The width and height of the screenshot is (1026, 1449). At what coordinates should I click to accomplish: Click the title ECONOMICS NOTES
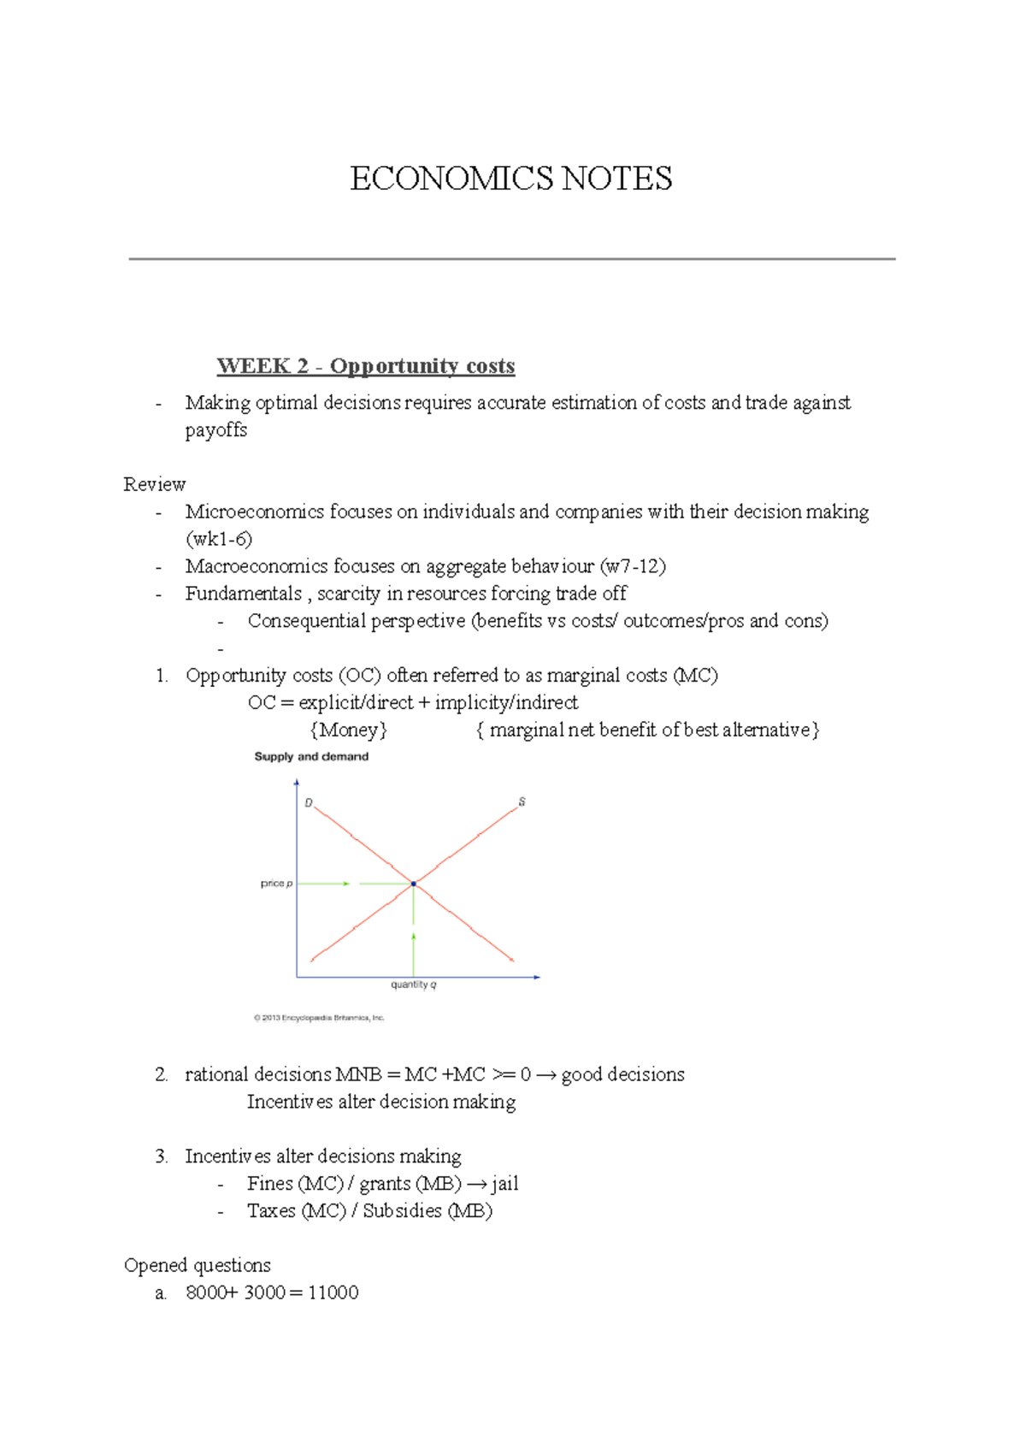click(511, 179)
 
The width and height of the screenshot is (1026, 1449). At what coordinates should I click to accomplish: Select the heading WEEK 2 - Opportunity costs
click(366, 366)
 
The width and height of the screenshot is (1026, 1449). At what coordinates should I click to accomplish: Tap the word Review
click(154, 484)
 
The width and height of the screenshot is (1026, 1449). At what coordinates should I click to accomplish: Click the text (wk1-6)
click(219, 539)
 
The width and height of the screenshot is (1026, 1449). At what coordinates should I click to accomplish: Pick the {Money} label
click(349, 730)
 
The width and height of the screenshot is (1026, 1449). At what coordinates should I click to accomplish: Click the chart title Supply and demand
click(311, 757)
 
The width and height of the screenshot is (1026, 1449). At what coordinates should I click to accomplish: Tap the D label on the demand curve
click(309, 803)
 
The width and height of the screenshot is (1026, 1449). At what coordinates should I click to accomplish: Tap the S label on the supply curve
click(522, 802)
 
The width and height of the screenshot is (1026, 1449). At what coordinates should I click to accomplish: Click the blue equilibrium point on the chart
click(414, 884)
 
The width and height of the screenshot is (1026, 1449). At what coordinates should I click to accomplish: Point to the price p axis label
click(276, 884)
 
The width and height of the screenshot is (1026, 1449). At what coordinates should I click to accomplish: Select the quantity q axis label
click(414, 985)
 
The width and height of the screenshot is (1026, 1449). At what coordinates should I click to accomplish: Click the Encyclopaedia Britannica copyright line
click(319, 1018)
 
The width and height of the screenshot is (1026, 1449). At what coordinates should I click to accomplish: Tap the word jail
click(504, 1184)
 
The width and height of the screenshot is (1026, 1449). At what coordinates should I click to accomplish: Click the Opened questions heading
click(198, 1265)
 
